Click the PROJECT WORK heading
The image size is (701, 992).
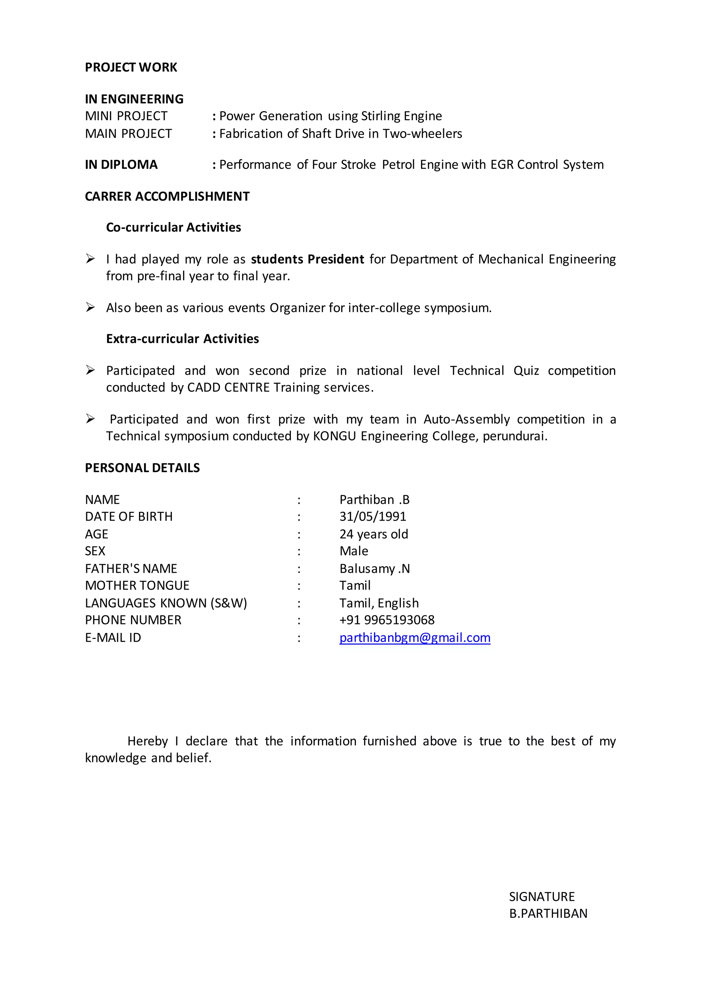(x=131, y=67)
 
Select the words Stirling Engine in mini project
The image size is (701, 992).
(x=401, y=116)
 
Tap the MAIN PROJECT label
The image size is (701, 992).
(x=128, y=134)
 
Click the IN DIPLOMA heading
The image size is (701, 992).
(x=121, y=165)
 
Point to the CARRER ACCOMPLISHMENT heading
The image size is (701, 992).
(x=167, y=197)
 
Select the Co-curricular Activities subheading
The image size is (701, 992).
(x=174, y=228)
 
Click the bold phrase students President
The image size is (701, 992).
(x=307, y=259)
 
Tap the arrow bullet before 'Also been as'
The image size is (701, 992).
(x=90, y=308)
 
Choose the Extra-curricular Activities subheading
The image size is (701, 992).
(x=182, y=339)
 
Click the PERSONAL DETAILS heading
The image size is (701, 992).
(x=142, y=468)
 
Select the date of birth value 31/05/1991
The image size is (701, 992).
(x=372, y=517)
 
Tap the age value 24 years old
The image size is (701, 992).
(x=373, y=534)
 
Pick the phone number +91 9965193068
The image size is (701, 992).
(x=387, y=620)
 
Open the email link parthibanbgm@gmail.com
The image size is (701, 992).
(x=415, y=638)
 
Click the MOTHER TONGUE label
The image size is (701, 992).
(x=137, y=586)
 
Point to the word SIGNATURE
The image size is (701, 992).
(x=542, y=897)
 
